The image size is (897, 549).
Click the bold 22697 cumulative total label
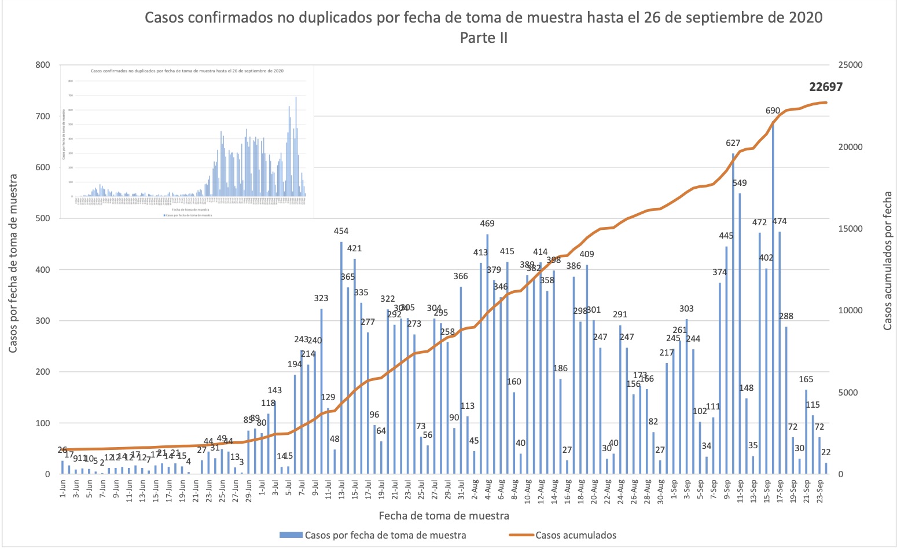(826, 87)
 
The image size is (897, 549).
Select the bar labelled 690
(773, 301)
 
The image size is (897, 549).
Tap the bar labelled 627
(733, 316)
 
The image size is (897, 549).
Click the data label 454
(341, 231)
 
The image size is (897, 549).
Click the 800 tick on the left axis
(43, 65)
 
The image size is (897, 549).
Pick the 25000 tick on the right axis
(850, 65)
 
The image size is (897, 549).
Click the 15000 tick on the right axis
(850, 229)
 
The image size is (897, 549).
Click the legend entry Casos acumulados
(576, 535)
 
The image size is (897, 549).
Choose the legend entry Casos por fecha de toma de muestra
(385, 535)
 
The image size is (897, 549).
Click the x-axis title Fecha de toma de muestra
(444, 515)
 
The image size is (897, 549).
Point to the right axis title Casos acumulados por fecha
(887, 262)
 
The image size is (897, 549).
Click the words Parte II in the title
(484, 38)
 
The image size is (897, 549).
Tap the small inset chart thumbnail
(187, 142)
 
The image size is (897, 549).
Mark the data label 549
(740, 183)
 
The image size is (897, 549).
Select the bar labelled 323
(321, 391)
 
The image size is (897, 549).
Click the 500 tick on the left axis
(43, 218)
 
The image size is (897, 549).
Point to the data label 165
(806, 379)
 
